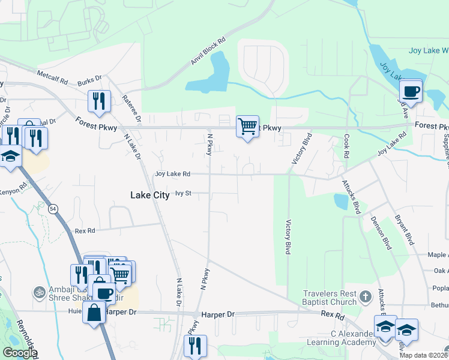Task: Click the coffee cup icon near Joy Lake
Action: (x=411, y=92)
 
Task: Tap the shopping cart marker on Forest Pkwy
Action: (x=247, y=127)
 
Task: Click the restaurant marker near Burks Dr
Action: (x=99, y=101)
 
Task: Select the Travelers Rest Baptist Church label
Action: (x=331, y=298)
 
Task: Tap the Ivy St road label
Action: (x=183, y=193)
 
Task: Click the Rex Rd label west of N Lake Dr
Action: (x=85, y=230)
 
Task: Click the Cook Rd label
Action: (x=347, y=146)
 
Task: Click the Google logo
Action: (x=19, y=353)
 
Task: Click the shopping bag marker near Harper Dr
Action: (x=94, y=313)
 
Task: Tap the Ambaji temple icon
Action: (x=40, y=292)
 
